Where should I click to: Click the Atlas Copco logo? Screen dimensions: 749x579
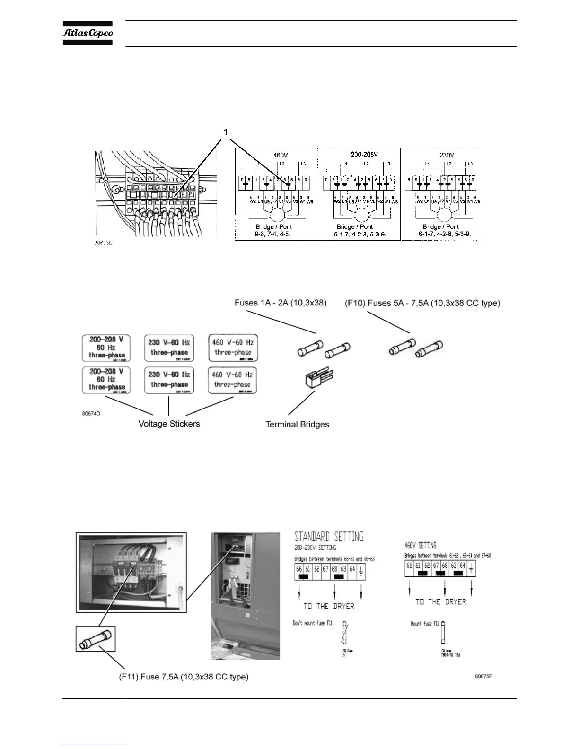pos(88,33)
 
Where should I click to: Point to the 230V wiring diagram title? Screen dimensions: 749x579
pos(447,155)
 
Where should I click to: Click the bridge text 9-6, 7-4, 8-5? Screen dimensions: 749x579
pos(273,234)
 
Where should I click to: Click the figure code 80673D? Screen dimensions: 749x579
pos(105,243)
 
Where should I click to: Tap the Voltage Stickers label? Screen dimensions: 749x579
pos(169,424)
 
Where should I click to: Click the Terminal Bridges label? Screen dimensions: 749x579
pos(297,424)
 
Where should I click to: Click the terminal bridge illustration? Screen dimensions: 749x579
pos(316,378)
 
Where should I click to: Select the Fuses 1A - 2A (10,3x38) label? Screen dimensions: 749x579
pos(281,303)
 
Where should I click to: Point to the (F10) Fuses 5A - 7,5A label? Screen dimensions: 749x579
pos(422,303)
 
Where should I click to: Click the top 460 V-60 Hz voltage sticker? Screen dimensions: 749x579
pos(233,348)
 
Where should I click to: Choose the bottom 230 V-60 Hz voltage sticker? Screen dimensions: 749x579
pos(169,380)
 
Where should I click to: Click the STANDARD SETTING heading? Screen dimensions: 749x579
pos(329,537)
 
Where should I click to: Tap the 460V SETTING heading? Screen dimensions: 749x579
pos(421,545)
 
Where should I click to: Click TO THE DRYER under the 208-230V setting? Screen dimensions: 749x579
pos(328,606)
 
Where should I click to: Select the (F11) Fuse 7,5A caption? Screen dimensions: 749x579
pos(184,677)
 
